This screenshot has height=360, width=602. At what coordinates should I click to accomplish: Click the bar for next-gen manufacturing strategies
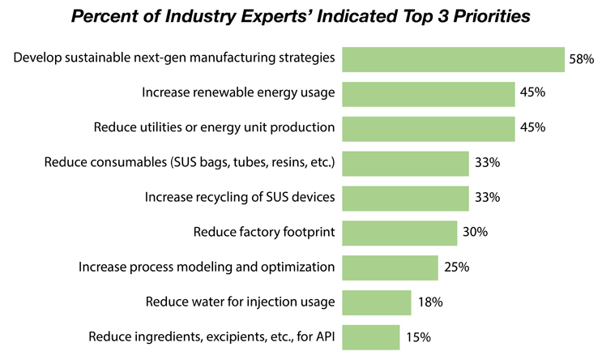[453, 59]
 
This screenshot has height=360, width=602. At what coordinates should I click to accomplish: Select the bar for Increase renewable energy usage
[429, 94]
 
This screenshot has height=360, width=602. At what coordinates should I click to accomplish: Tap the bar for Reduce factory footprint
[399, 234]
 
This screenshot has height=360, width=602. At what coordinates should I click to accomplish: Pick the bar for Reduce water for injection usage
[377, 302]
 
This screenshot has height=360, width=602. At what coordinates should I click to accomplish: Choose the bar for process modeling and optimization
[391, 268]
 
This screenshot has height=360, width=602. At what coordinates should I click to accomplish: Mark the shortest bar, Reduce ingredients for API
[371, 337]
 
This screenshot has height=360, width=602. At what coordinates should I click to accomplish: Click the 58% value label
[582, 59]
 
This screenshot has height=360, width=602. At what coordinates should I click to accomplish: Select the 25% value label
[456, 268]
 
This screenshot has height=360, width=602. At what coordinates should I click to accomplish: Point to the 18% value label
[429, 302]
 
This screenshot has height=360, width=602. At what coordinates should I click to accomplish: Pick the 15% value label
[418, 337]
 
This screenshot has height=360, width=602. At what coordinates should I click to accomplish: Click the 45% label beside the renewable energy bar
[533, 94]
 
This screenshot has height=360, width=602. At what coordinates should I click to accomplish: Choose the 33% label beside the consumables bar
[487, 163]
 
